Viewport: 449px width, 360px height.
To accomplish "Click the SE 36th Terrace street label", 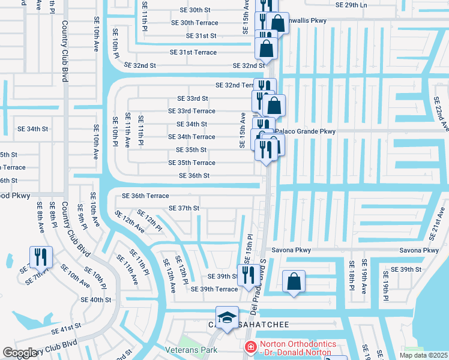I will coord(145,196).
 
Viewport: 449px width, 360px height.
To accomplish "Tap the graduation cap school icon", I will coord(227,318).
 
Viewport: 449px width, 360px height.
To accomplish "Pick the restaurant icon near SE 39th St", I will coord(247,274).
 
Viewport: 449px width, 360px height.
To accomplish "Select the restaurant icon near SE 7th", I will coord(41,257).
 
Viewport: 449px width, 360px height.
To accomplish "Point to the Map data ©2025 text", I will coord(423,355).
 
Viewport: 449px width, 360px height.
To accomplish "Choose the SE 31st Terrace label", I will coord(193,52).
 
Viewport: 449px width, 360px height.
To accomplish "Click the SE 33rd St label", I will coord(192,98).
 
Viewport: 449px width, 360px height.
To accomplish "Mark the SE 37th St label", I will coord(184,208).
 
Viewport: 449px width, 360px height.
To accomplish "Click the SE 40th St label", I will coord(96,299).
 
